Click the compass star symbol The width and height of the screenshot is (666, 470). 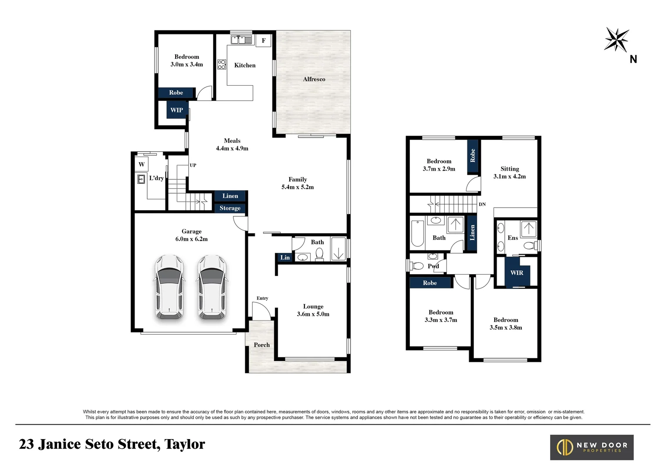[x=616, y=40]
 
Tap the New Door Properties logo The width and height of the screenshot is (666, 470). [x=592, y=447]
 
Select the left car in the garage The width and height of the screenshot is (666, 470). [x=169, y=287]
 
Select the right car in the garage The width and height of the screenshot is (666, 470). [x=212, y=287]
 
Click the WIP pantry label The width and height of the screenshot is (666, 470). [x=176, y=110]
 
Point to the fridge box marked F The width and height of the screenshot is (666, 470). [x=264, y=40]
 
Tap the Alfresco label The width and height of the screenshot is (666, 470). [x=314, y=79]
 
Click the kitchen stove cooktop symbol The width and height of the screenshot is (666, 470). [x=222, y=64]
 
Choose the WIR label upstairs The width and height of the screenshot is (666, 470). [x=517, y=273]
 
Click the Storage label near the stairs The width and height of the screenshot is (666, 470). [x=230, y=208]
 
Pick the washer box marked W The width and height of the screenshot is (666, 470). [x=142, y=164]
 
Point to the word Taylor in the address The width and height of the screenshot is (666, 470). [x=185, y=444]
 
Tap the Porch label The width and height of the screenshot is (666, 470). [x=262, y=345]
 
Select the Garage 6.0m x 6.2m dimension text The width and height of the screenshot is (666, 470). [x=192, y=239]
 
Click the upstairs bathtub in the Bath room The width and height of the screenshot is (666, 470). [x=418, y=234]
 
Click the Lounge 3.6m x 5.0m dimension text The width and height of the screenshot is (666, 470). [x=313, y=314]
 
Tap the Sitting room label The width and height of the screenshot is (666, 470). [x=510, y=169]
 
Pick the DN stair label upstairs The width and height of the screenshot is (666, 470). [x=482, y=204]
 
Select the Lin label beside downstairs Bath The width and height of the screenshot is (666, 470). [x=285, y=258]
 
